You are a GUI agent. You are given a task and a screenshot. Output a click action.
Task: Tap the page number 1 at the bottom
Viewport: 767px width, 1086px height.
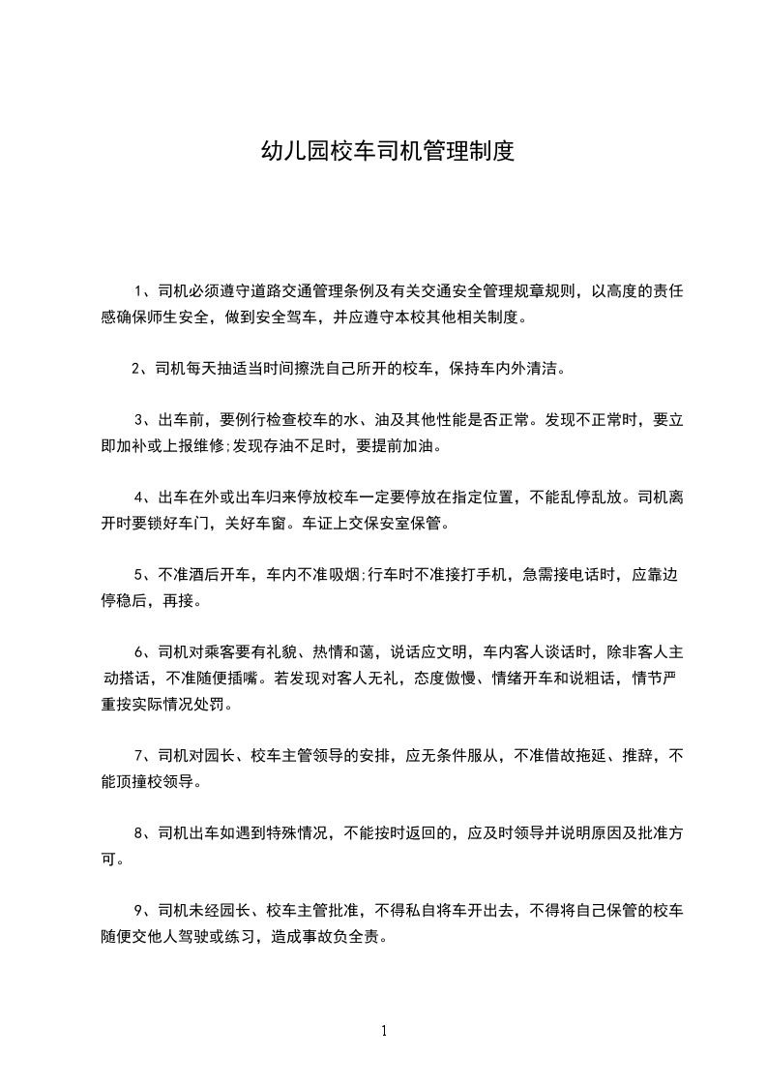coord(384,1031)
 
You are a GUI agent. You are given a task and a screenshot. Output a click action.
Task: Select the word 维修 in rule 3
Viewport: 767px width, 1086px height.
coord(199,446)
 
